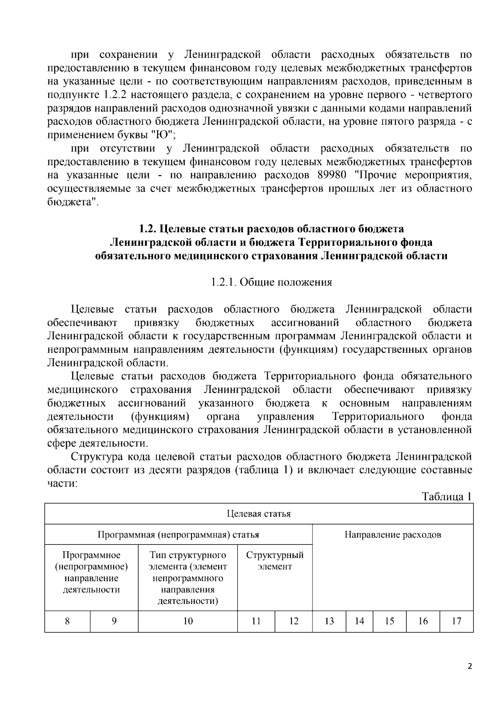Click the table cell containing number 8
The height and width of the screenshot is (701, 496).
(x=67, y=621)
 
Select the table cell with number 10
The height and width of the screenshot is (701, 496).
(x=188, y=621)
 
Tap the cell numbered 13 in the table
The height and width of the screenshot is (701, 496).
(x=329, y=621)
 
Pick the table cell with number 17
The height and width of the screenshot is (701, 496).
(x=456, y=621)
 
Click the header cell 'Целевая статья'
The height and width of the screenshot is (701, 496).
(x=259, y=513)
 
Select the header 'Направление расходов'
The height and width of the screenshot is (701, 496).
(x=393, y=535)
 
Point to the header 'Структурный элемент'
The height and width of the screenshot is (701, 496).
(x=275, y=561)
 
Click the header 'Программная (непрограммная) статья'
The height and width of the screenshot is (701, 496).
(x=178, y=535)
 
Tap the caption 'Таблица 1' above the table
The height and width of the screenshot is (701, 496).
(x=446, y=496)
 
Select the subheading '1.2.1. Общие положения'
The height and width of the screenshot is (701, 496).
(x=271, y=282)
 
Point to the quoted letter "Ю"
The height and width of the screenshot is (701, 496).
(x=163, y=135)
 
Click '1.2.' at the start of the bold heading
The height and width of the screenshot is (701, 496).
(x=147, y=228)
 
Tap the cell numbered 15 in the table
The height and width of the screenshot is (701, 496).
(x=389, y=621)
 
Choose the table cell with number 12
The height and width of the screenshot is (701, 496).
(x=293, y=621)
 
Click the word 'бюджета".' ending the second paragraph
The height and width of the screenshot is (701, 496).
(x=73, y=202)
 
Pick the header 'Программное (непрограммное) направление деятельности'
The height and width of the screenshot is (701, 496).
(x=91, y=572)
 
